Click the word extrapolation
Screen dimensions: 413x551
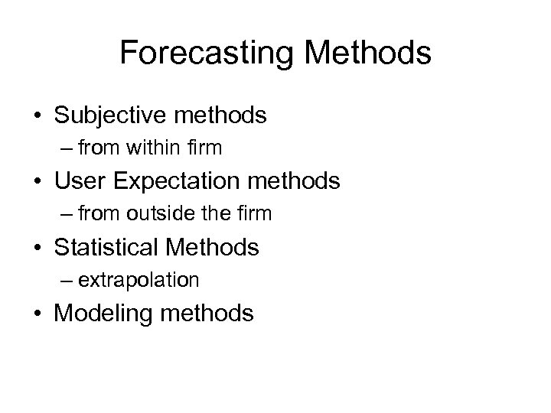(138, 281)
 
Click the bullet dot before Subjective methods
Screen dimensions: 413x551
(36, 117)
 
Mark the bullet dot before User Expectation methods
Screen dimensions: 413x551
(36, 183)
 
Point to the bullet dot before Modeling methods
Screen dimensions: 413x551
(36, 314)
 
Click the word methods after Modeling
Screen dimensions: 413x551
(207, 314)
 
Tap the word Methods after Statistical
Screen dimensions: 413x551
(221, 247)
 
